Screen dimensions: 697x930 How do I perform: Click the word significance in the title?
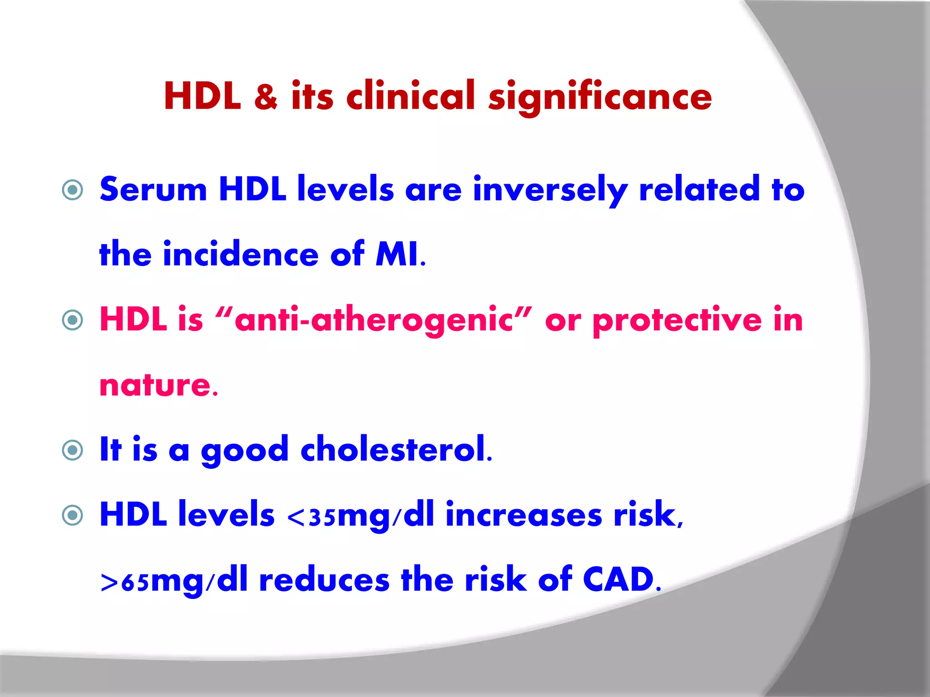pyautogui.click(x=600, y=98)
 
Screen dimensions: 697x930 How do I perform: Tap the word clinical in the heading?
pyautogui.click(x=411, y=96)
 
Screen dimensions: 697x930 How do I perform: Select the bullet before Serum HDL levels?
pyautogui.click(x=73, y=190)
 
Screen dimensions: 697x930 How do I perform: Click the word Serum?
pyautogui.click(x=153, y=190)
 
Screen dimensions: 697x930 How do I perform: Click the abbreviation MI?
pyautogui.click(x=397, y=255)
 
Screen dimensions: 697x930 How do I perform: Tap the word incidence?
pyautogui.click(x=241, y=255)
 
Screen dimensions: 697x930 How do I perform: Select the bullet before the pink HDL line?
pyautogui.click(x=73, y=320)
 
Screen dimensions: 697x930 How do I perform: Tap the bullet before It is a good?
pyautogui.click(x=73, y=450)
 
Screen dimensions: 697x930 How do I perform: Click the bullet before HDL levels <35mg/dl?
pyautogui.click(x=73, y=515)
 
